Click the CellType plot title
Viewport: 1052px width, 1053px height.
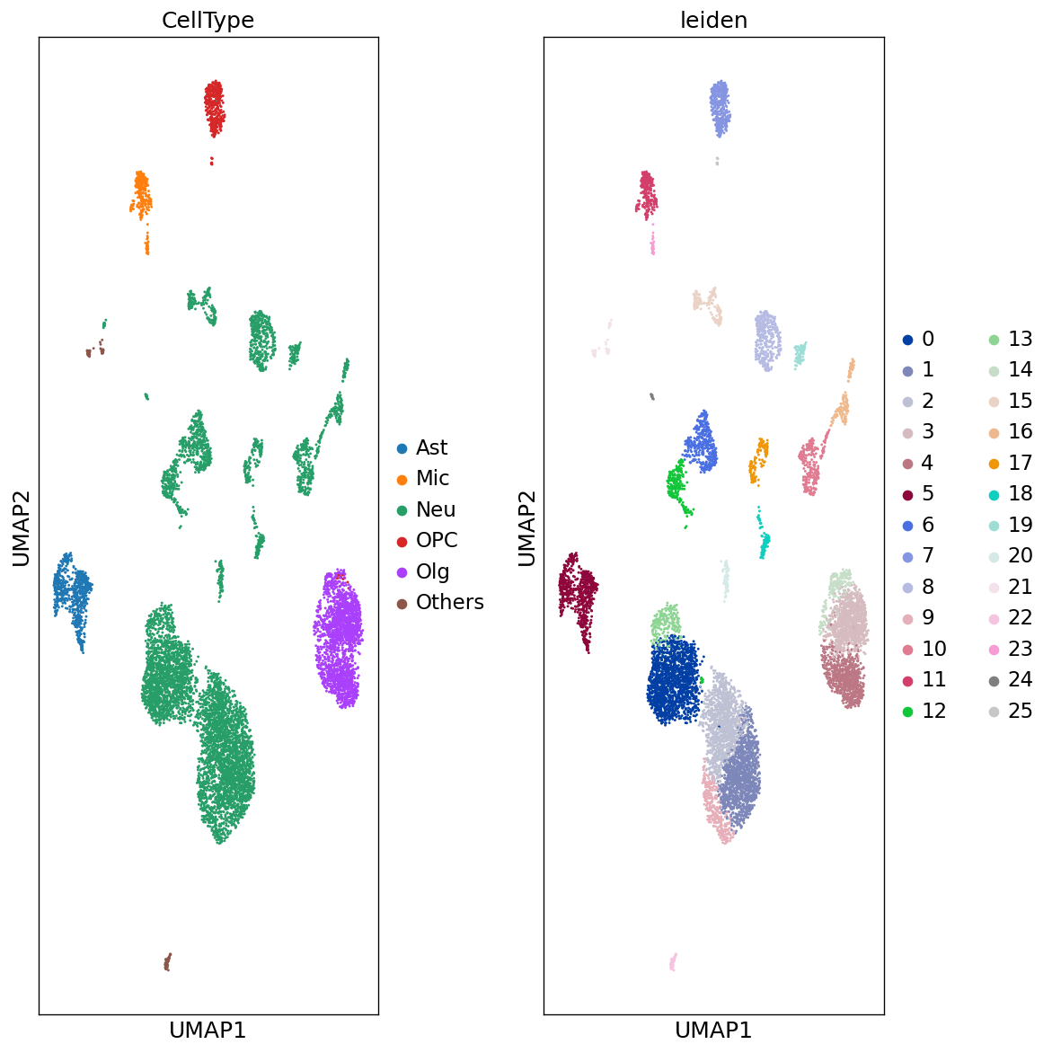(x=208, y=21)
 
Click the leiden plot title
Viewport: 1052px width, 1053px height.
(x=713, y=21)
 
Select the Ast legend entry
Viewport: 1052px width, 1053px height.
(x=431, y=447)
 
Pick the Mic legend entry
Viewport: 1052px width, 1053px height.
(x=432, y=478)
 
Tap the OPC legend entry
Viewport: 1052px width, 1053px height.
(x=437, y=540)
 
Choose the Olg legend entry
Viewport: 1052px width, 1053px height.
(x=432, y=571)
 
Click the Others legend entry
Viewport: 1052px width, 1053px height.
(x=449, y=602)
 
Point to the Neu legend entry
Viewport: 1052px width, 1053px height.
(x=436, y=509)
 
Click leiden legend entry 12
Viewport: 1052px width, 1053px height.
(x=933, y=711)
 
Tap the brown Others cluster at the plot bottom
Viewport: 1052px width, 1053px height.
(x=167, y=963)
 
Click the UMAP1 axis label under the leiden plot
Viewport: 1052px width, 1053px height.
(x=713, y=1030)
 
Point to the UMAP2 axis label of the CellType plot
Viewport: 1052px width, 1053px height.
(x=22, y=527)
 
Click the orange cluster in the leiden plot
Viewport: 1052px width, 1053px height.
(x=759, y=458)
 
